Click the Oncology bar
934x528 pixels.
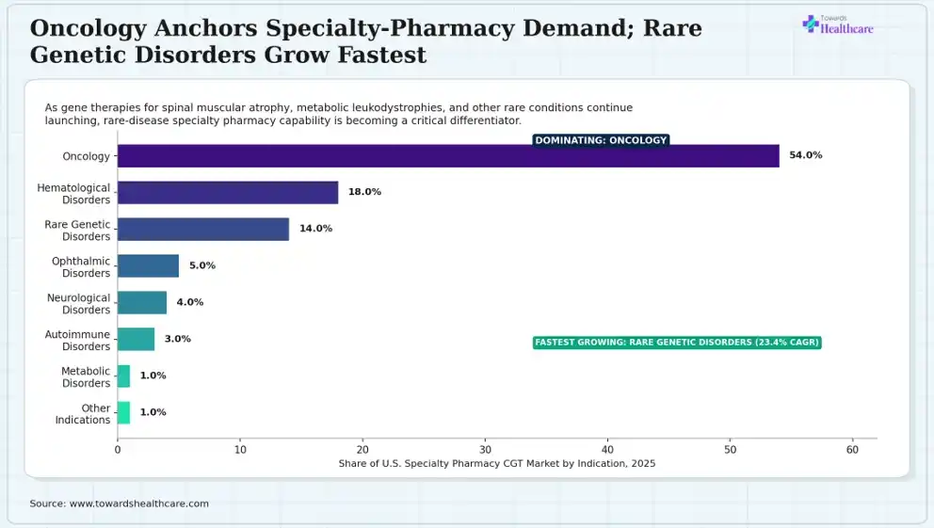pyautogui.click(x=448, y=156)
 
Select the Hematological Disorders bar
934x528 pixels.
pyautogui.click(x=228, y=193)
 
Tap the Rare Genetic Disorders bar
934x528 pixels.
pyautogui.click(x=203, y=230)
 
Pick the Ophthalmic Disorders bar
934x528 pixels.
pyautogui.click(x=149, y=266)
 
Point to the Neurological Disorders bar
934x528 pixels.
pyautogui.click(x=142, y=302)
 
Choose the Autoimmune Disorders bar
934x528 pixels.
pyautogui.click(x=136, y=340)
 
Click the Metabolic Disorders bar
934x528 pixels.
pyautogui.click(x=124, y=376)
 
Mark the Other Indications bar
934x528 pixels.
pyautogui.click(x=124, y=412)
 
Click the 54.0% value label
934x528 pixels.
pyautogui.click(x=805, y=155)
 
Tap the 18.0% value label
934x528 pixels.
pyautogui.click(x=364, y=192)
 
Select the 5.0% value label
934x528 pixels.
pyautogui.click(x=202, y=265)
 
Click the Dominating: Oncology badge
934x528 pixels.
pyautogui.click(x=601, y=140)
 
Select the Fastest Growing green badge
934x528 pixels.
pyautogui.click(x=677, y=343)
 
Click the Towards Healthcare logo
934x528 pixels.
pyautogui.click(x=838, y=25)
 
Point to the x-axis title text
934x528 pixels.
pyautogui.click(x=497, y=464)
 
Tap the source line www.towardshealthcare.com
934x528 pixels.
pyautogui.click(x=120, y=504)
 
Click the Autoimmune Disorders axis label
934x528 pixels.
pyautogui.click(x=77, y=341)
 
